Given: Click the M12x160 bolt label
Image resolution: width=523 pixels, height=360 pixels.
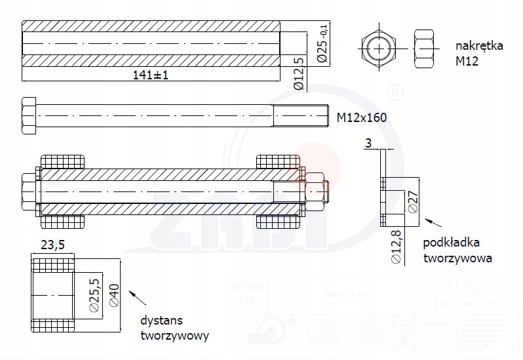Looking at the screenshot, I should click(x=361, y=117).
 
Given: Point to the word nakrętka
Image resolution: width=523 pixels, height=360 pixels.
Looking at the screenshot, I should click(x=479, y=47).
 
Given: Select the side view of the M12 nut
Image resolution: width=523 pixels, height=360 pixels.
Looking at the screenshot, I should click(x=425, y=47).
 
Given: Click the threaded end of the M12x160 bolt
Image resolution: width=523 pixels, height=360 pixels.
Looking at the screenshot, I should click(x=300, y=117).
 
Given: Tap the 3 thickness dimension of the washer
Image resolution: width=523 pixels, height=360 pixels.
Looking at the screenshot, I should click(x=368, y=142).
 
